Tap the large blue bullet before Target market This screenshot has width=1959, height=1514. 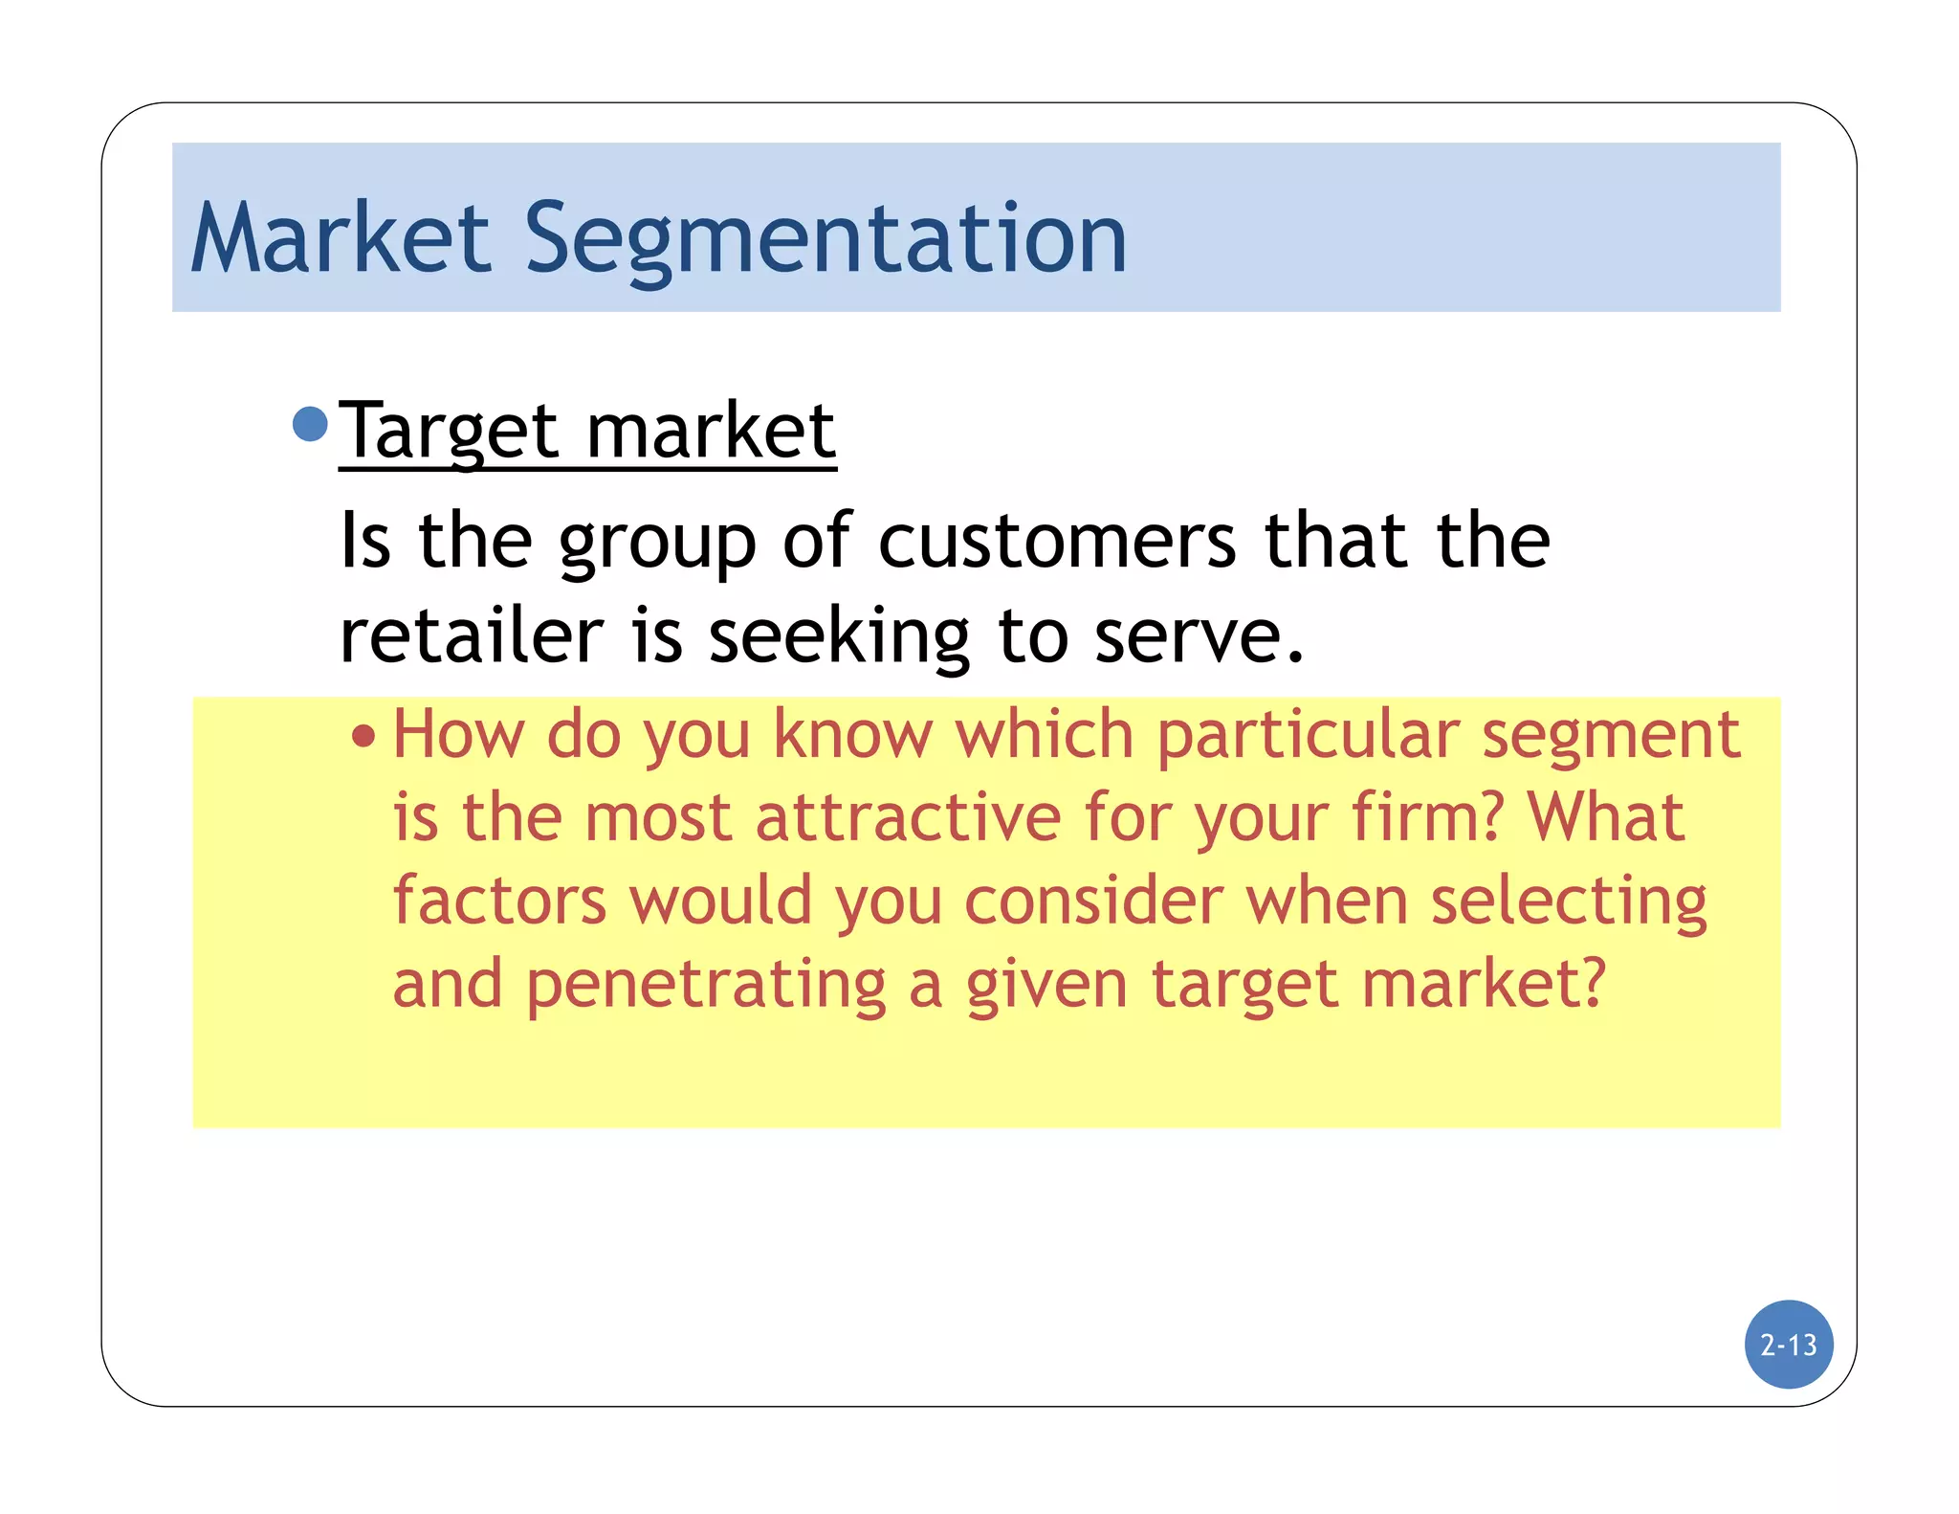310,424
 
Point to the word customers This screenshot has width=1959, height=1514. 1057,542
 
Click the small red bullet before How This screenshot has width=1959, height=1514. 363,737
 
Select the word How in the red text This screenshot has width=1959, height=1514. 458,735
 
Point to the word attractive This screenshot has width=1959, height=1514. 908,819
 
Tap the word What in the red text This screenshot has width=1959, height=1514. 1605,818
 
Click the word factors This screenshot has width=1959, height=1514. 499,902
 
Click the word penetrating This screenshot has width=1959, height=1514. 706,986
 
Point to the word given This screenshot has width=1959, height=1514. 1046,986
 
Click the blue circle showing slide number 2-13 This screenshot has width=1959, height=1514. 1788,1345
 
